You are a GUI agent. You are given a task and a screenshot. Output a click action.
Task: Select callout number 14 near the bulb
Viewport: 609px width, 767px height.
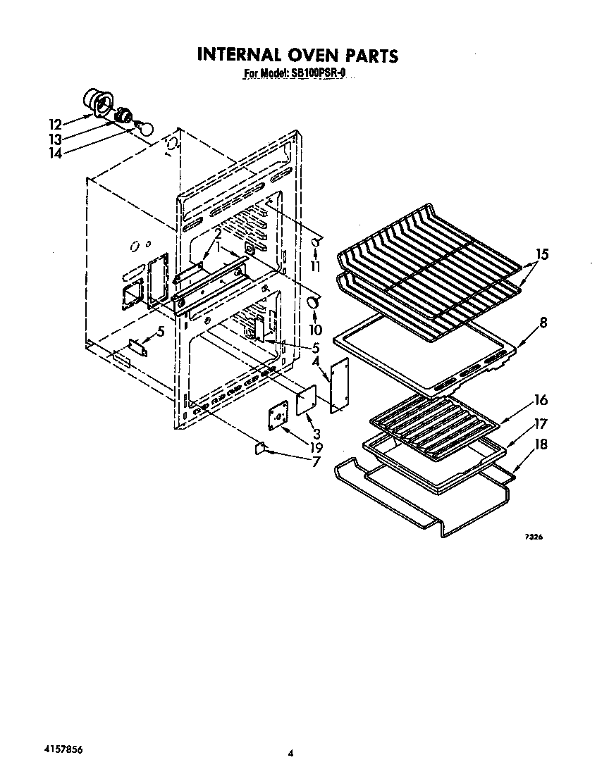56,151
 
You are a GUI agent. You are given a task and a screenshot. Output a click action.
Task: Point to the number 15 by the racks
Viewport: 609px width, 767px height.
541,254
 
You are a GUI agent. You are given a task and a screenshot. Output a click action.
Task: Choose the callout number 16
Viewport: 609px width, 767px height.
541,400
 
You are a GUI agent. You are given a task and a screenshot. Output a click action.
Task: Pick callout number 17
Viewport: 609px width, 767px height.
541,424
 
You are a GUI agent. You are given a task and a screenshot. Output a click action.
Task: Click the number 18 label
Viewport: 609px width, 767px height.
541,444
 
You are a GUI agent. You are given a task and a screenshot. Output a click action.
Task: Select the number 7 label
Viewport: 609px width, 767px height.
315,462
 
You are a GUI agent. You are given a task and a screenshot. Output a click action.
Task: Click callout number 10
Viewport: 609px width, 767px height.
314,329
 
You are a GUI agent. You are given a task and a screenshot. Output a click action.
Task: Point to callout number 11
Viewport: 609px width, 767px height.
314,266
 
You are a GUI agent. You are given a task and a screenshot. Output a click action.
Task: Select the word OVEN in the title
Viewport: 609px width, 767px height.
304,55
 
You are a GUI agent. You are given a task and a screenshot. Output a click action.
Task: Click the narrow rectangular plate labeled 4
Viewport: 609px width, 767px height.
340,384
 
